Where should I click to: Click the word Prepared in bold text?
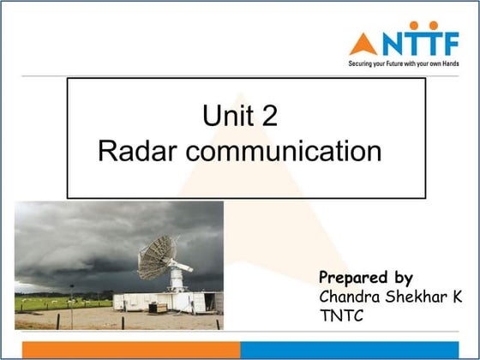[354, 278]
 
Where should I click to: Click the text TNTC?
[341, 315]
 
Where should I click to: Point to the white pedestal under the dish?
[177, 279]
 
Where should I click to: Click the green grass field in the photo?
[64, 303]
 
